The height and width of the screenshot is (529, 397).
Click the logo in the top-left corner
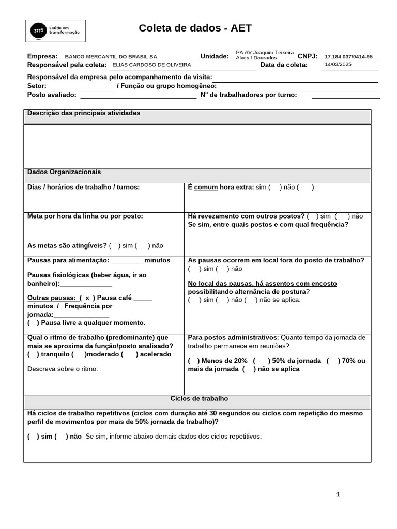tap(55, 31)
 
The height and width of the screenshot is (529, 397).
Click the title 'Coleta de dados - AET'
tap(195, 28)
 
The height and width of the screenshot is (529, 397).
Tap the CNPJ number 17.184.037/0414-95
tap(348, 57)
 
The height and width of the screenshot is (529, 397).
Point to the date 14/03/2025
tap(338, 65)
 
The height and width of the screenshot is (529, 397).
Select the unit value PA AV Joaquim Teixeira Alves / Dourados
tap(264, 55)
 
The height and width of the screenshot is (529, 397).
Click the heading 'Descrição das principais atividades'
tap(84, 113)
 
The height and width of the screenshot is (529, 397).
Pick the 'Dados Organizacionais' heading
tap(64, 172)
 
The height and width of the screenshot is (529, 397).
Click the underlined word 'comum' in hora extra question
tap(206, 188)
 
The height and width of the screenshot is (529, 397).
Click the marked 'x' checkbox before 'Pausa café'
tap(87, 298)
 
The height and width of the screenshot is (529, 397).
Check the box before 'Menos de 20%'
tap(193, 361)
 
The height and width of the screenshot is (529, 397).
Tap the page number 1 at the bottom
tap(338, 494)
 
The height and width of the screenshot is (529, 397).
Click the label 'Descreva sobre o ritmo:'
tap(63, 369)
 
